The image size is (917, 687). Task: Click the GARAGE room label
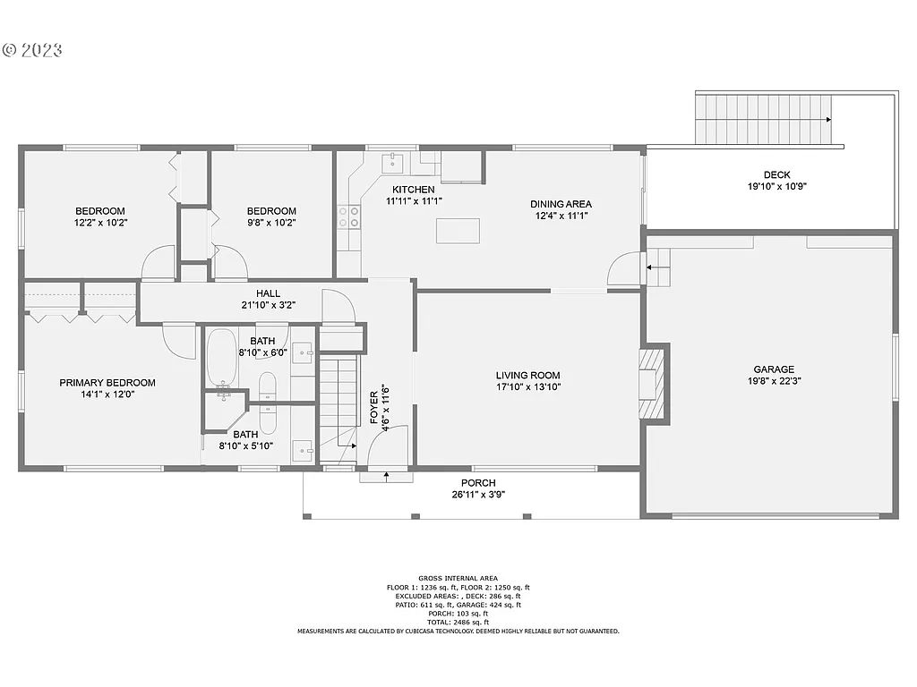coord(774,369)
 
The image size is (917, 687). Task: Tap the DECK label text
coord(776,175)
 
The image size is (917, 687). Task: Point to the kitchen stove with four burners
coord(348,216)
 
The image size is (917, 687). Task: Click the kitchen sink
coord(392,162)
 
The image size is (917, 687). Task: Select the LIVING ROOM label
coord(528,376)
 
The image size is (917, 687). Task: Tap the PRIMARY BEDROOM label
coord(107,383)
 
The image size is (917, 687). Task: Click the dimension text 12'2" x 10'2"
coord(100,224)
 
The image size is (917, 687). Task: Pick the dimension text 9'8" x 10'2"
coord(271,224)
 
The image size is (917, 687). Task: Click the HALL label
coord(268,293)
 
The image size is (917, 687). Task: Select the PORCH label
coord(478,483)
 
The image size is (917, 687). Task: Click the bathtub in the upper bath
coord(221,356)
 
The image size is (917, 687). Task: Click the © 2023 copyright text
coord(32,49)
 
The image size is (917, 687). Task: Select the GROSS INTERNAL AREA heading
coord(458,579)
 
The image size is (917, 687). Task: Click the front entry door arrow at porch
coord(386,476)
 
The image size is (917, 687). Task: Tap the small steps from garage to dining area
coord(657,267)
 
